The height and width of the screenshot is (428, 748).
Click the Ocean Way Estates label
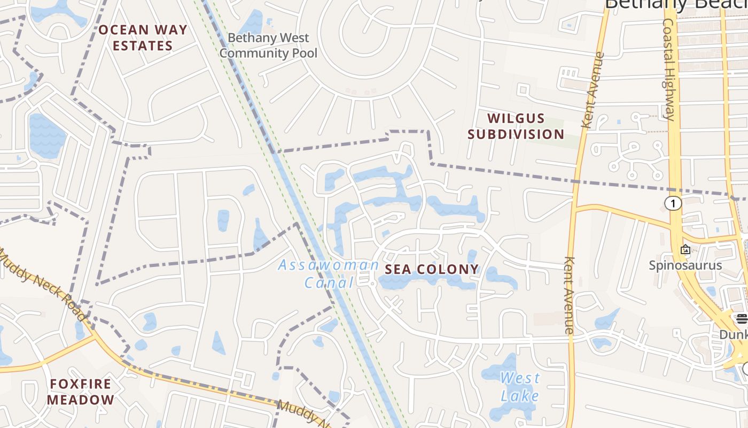click(x=143, y=37)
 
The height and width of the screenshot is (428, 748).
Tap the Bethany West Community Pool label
click(x=268, y=45)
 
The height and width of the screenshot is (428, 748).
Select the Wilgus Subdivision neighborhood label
click(x=516, y=126)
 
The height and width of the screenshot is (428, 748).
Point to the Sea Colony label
click(x=432, y=269)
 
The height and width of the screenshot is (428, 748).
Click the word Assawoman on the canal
click(x=328, y=265)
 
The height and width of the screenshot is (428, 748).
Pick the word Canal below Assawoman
click(x=329, y=282)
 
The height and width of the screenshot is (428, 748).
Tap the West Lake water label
click(x=520, y=387)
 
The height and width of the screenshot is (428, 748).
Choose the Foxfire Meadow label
click(x=81, y=392)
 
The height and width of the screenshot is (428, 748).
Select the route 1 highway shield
click(x=673, y=203)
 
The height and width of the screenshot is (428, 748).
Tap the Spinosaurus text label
click(x=685, y=265)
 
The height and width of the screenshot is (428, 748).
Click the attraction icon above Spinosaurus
click(x=685, y=249)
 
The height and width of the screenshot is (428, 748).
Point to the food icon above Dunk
click(x=742, y=319)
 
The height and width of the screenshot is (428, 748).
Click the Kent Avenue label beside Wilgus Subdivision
click(x=593, y=90)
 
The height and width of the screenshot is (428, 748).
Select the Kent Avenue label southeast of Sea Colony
click(x=570, y=295)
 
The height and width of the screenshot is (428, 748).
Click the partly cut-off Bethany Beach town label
click(x=676, y=4)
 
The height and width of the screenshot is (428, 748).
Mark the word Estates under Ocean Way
click(x=143, y=45)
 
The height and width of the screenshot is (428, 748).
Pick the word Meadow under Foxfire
click(x=81, y=400)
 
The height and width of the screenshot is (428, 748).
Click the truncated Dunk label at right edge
click(x=733, y=334)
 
